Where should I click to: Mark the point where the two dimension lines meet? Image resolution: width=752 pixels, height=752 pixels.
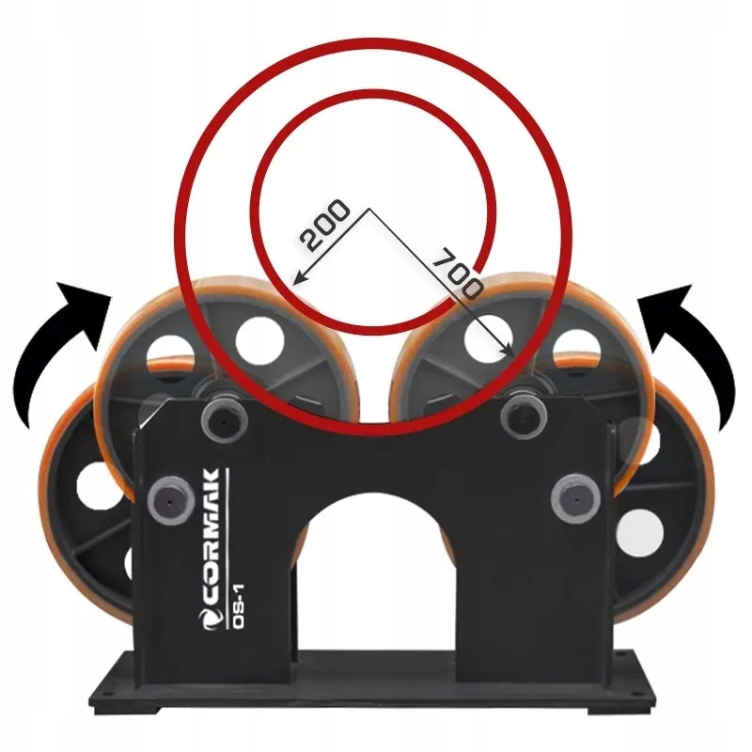(x=368, y=208)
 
